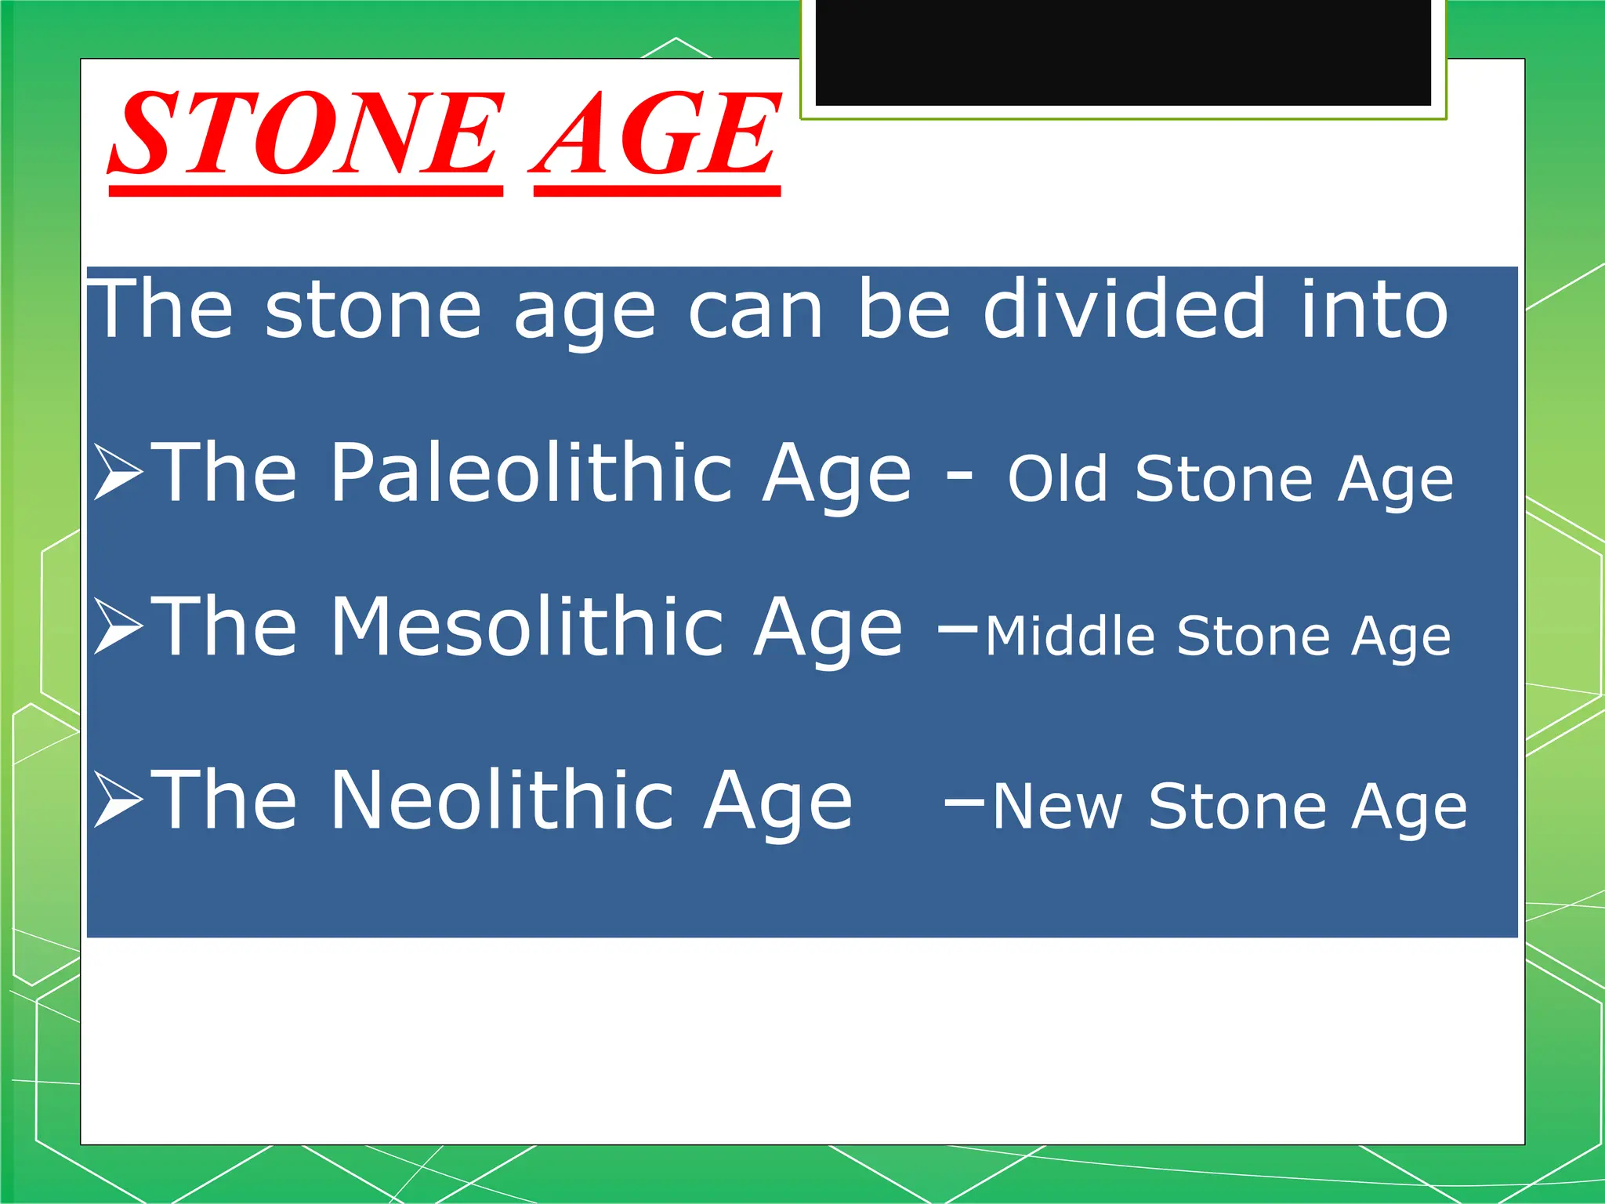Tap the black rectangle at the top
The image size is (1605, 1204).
click(1122, 52)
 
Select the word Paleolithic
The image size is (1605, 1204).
click(530, 472)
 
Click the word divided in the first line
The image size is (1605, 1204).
click(1124, 309)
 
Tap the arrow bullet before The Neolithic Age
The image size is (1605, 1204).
click(118, 799)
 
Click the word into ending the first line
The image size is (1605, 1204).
click(1374, 310)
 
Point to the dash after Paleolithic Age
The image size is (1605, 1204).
click(959, 473)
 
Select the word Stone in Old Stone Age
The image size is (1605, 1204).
click(1223, 479)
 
